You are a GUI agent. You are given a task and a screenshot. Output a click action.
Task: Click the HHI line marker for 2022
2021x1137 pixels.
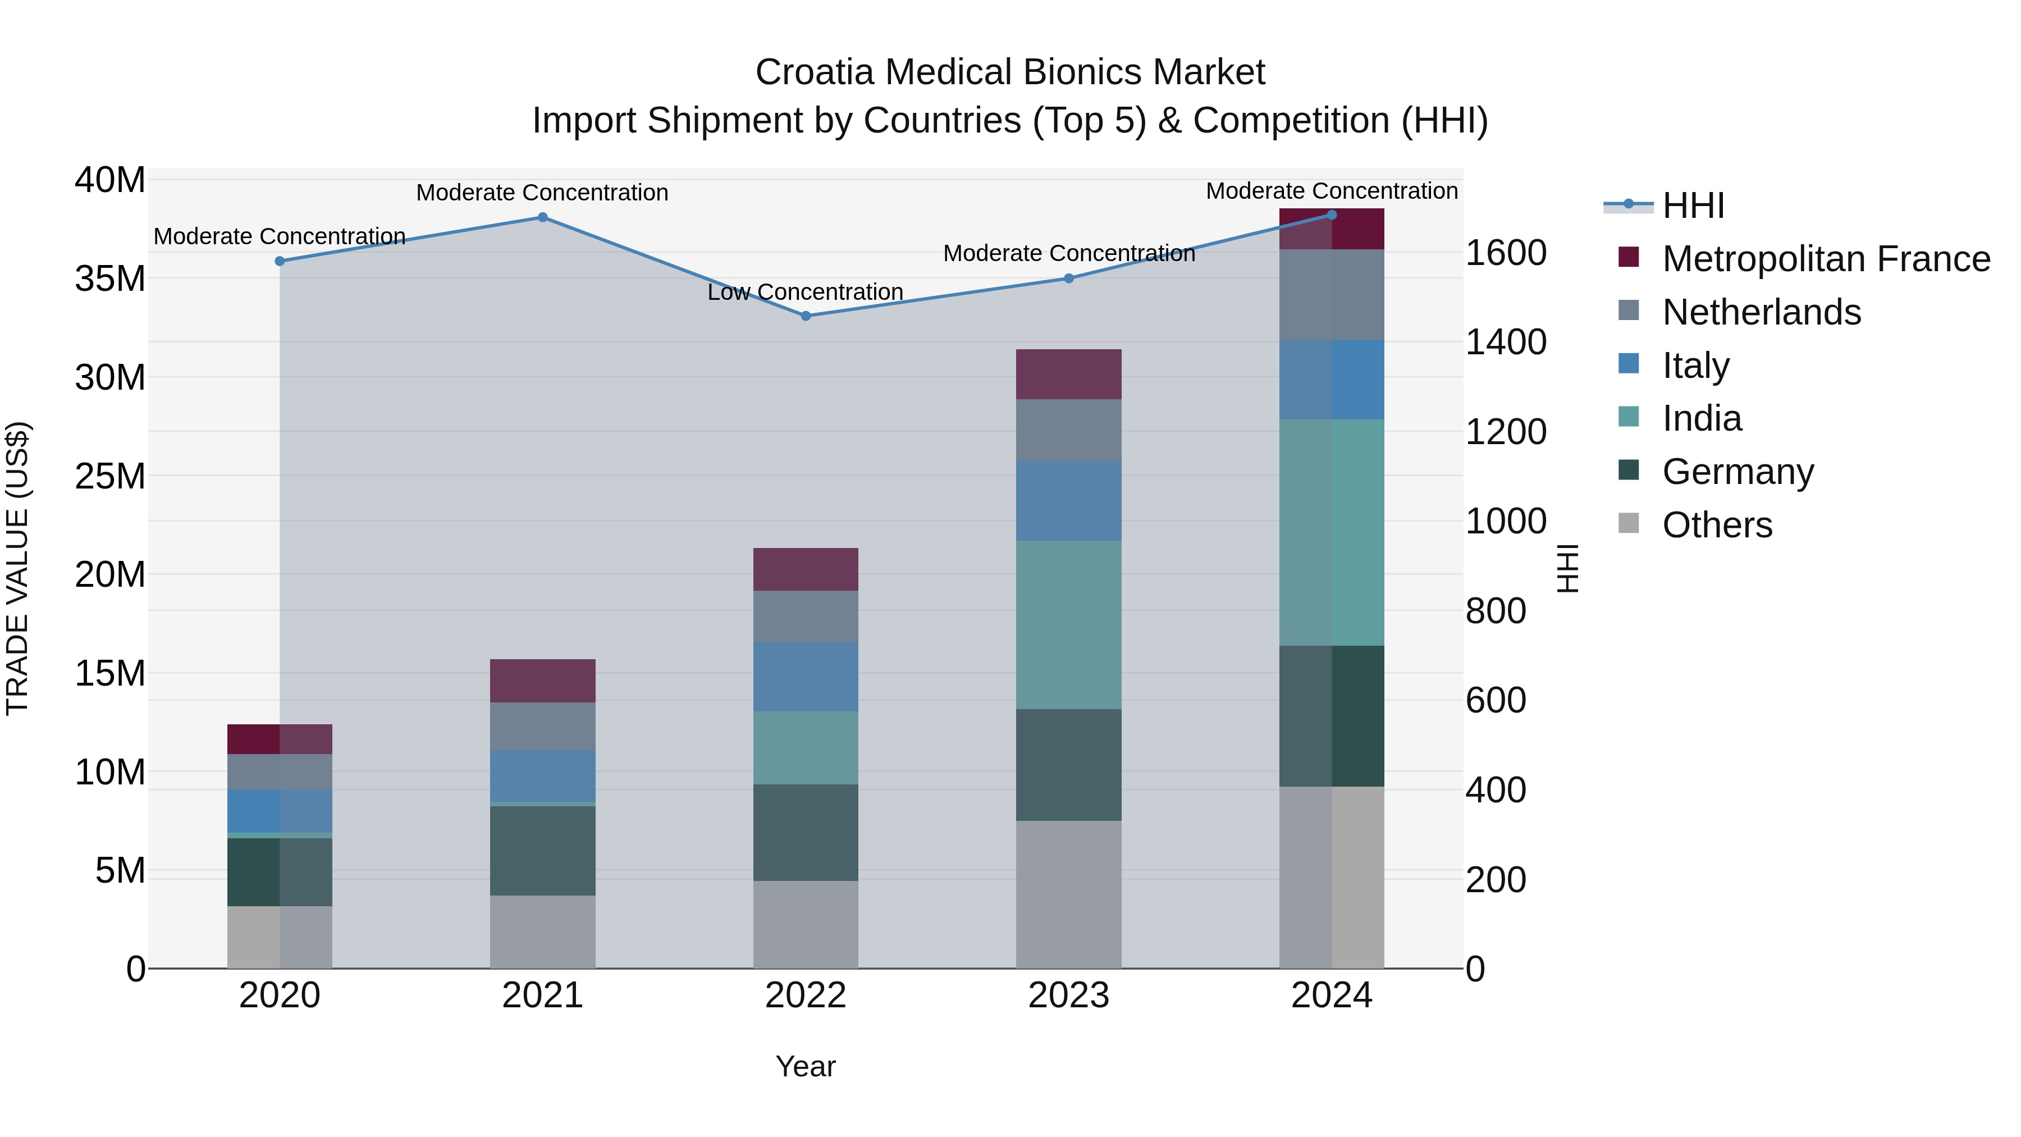point(805,316)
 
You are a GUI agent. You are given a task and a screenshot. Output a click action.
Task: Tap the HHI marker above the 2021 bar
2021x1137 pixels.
point(542,217)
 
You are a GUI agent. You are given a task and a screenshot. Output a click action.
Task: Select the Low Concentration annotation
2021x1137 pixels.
point(805,292)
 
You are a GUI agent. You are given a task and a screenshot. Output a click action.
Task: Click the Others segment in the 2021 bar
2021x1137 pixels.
point(542,931)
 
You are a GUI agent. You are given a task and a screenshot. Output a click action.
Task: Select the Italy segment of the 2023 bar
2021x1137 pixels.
point(1068,501)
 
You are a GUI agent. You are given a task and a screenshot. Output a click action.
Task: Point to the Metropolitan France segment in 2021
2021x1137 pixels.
point(542,681)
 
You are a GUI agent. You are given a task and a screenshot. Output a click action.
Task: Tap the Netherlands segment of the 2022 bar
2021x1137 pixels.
point(805,616)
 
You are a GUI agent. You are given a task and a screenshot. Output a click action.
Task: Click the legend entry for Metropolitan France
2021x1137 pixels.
point(1826,259)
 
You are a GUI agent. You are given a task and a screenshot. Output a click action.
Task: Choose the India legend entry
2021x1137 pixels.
point(1702,418)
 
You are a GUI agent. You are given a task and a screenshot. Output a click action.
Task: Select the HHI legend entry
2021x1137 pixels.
point(1693,206)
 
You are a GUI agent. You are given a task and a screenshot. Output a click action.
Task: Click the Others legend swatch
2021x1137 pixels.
point(1629,523)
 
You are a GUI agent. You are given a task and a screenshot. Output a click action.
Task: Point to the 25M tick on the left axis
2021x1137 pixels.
point(110,476)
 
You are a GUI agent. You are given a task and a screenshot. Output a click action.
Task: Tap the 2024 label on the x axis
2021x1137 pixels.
point(1332,996)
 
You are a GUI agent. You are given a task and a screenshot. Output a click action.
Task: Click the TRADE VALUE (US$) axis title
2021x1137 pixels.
point(17,568)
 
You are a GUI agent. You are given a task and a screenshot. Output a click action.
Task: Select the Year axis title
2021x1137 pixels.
point(805,1066)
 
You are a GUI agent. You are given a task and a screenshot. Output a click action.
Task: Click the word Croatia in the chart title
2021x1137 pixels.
point(813,72)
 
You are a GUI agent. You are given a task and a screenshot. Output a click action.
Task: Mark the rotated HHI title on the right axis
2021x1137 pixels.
point(1567,568)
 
